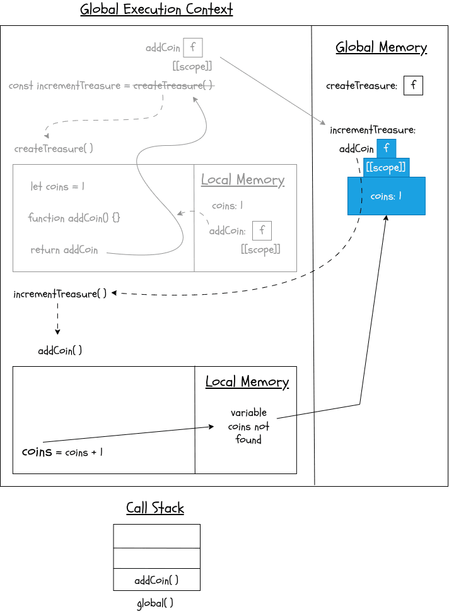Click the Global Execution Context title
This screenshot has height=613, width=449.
point(156,10)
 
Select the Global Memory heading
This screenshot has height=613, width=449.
point(381,47)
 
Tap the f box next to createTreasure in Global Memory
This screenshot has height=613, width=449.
point(413,85)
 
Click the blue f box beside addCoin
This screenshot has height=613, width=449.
point(386,149)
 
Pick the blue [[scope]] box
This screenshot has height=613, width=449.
point(387,168)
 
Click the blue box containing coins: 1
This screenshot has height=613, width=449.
point(386,196)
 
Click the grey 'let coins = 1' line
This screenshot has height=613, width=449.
point(57,187)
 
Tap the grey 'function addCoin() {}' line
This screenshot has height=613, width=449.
point(74,218)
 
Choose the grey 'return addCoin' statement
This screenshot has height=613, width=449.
point(64,250)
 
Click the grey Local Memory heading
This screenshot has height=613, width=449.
point(243,180)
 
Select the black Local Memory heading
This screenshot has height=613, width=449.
point(247,382)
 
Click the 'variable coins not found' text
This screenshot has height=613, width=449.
point(248,426)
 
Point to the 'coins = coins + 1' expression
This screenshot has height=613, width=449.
point(62,452)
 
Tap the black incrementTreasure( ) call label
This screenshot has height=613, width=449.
point(60,294)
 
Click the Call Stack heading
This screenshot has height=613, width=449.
point(155,508)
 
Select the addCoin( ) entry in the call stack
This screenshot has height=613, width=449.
point(156,580)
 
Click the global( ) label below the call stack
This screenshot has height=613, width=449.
point(155,603)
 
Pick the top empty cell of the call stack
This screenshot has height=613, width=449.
point(156,536)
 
